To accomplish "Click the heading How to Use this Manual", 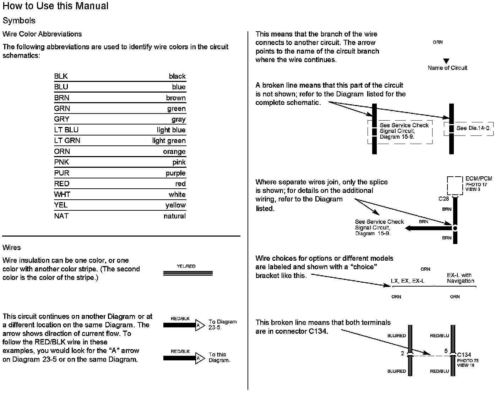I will point(55,6).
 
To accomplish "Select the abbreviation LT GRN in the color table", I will point(67,140).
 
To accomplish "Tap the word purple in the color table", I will point(175,173).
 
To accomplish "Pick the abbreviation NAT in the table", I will point(61,216).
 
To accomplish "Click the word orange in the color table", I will point(174,151).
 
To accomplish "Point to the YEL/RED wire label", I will point(186,266).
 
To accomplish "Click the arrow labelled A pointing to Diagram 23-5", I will point(200,325).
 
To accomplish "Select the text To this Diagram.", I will point(219,357).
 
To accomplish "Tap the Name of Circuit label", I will point(447,68).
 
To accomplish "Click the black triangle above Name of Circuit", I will point(446,61).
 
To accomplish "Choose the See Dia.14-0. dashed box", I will point(470,128).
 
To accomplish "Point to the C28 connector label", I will point(444,199).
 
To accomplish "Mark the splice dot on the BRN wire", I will point(455,228).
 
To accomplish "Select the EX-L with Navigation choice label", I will point(460,278).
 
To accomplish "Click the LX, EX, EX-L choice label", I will point(407,281).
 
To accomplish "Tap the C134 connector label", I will point(464,355).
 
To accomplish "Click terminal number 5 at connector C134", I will point(446,351).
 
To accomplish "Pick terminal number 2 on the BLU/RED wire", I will point(403,353).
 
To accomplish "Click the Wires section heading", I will point(12,248).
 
